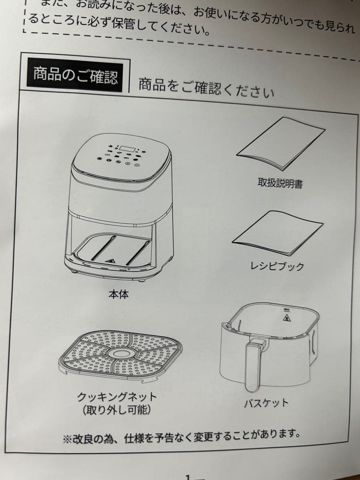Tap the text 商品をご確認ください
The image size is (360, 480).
pos(206,88)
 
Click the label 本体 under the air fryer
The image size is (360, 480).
pos(119,294)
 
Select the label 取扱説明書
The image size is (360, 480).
pos(280,183)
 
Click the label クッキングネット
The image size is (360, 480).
pos(117,396)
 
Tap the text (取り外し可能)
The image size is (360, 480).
pos(116,409)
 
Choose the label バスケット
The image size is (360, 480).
pos(266,403)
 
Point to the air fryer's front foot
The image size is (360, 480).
pos(142,280)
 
